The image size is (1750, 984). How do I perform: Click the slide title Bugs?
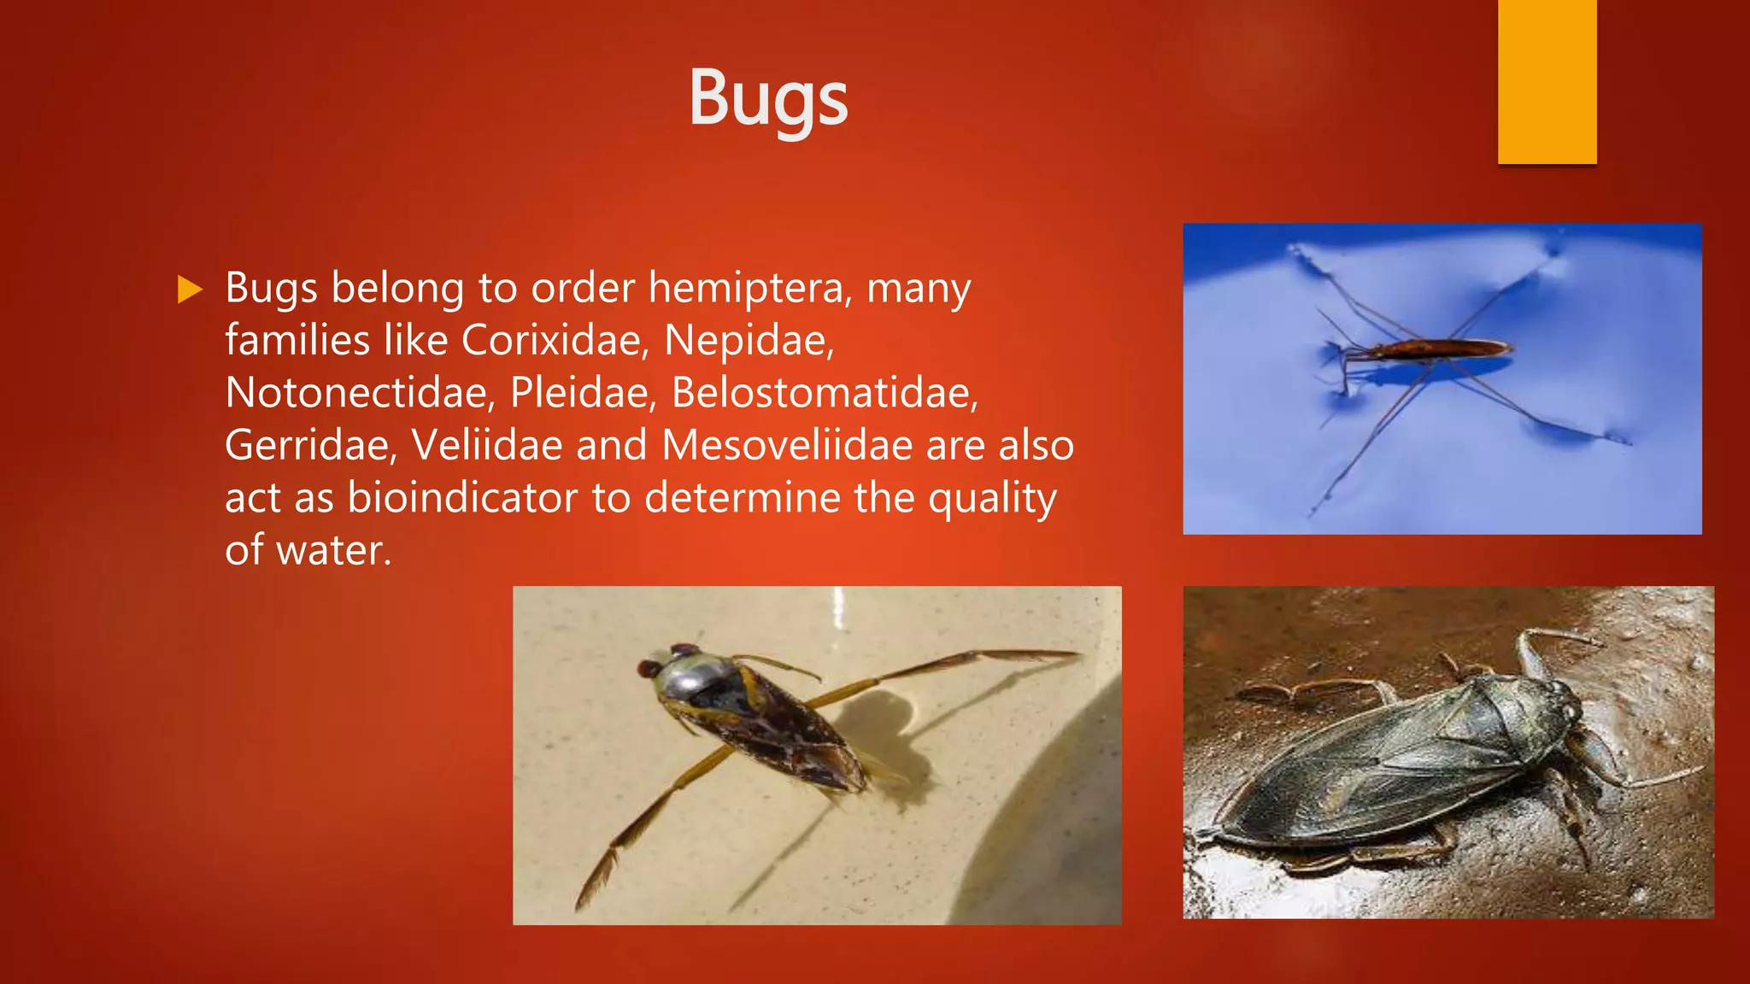click(768, 98)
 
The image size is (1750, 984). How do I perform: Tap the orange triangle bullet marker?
click(189, 290)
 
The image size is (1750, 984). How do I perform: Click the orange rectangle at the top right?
click(1547, 81)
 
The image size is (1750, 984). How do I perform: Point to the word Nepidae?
click(749, 341)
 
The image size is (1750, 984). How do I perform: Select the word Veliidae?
click(486, 446)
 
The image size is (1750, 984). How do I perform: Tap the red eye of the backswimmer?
click(649, 667)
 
